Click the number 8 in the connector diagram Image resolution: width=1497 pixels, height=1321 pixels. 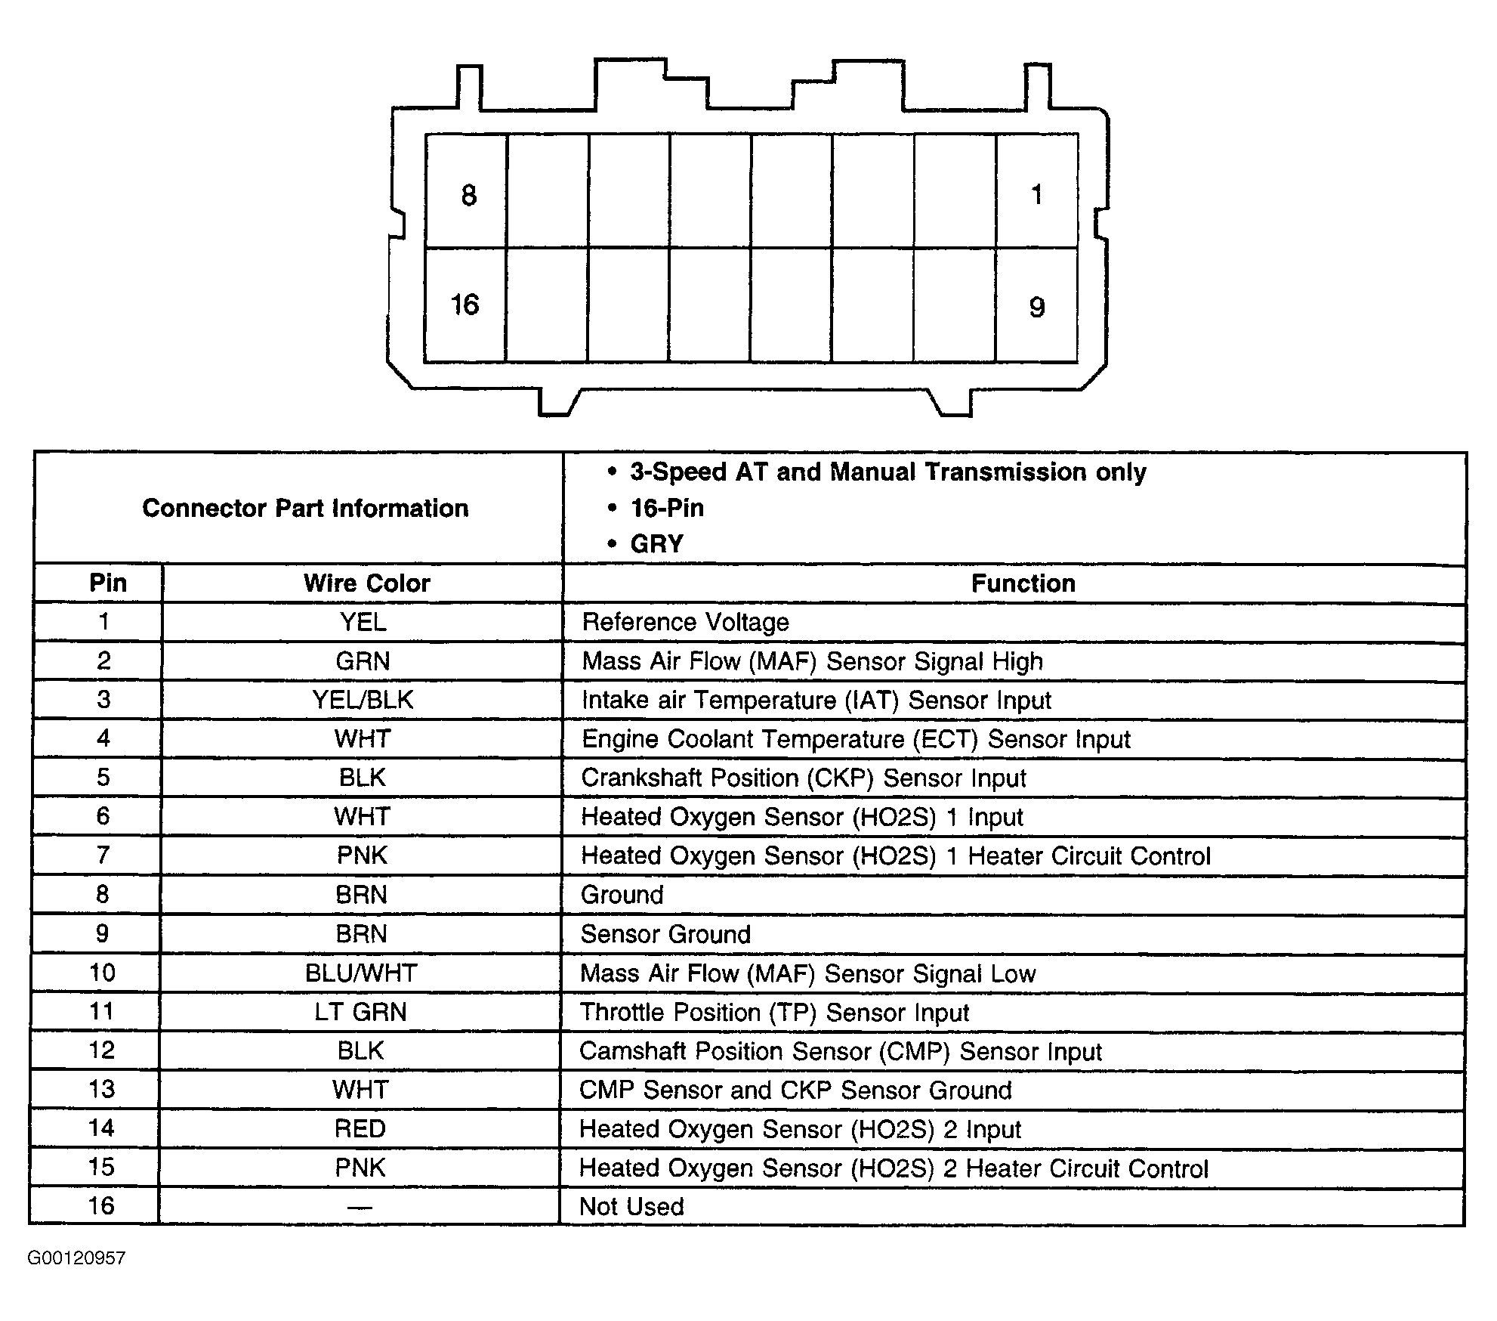pyautogui.click(x=469, y=196)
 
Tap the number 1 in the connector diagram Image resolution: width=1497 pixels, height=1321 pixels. pyautogui.click(x=1037, y=195)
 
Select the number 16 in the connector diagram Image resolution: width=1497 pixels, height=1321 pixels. pyautogui.click(x=465, y=305)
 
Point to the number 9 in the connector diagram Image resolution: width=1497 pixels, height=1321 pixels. pyautogui.click(x=1037, y=307)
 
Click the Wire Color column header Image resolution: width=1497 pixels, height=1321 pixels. pyautogui.click(x=366, y=583)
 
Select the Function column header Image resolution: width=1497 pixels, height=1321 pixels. pyautogui.click(x=1023, y=583)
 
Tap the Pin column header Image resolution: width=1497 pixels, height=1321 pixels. pyautogui.click(x=108, y=583)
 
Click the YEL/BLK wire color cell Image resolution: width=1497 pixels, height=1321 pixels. pyautogui.click(x=363, y=700)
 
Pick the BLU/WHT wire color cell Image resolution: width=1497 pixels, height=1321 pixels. pyautogui.click(x=361, y=973)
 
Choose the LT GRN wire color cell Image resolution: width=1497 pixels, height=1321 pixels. pyautogui.click(x=360, y=1012)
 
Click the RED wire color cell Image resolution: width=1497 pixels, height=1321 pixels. pyautogui.click(x=360, y=1128)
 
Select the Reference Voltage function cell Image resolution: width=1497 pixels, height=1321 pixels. pyautogui.click(x=685, y=622)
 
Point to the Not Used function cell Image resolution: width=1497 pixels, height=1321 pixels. pyautogui.click(x=631, y=1206)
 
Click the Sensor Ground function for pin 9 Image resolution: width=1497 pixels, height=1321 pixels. pyautogui.click(x=665, y=934)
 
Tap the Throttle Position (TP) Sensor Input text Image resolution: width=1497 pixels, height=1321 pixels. pyautogui.click(x=774, y=1012)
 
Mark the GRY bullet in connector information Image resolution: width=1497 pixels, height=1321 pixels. pyautogui.click(x=656, y=543)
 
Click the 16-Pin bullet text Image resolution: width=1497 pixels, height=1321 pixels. pyautogui.click(x=667, y=508)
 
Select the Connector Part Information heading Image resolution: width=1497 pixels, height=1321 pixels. pyautogui.click(x=305, y=508)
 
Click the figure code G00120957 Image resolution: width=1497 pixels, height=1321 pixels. pyautogui.click(x=76, y=1258)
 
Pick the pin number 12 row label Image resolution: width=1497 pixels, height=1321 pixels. pyautogui.click(x=102, y=1050)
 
